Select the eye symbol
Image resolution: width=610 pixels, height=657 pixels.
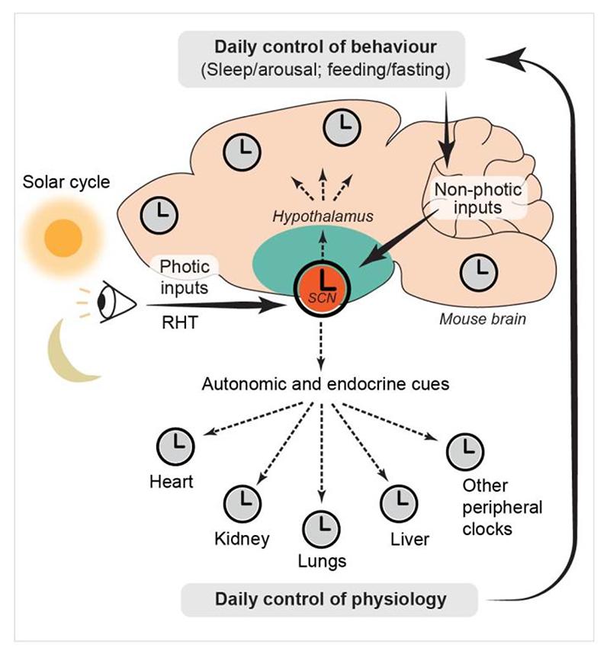click(114, 303)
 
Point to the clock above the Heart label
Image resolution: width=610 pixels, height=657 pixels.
click(174, 445)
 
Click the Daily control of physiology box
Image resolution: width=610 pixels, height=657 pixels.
click(330, 600)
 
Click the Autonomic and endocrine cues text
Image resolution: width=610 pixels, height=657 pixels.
click(326, 383)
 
